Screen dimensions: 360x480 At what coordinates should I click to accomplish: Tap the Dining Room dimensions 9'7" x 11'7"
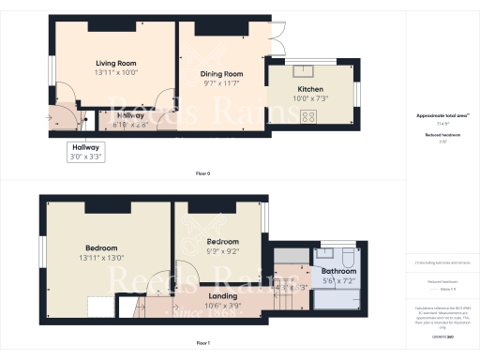[x=221, y=83]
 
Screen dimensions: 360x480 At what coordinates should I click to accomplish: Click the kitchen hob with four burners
[x=307, y=117]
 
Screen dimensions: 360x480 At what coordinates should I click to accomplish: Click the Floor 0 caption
[x=202, y=174]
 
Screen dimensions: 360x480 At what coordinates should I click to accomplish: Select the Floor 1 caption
[x=202, y=343]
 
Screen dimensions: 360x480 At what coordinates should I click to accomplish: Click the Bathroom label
[x=338, y=271]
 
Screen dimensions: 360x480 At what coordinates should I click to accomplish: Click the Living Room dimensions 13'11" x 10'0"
[x=116, y=72]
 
